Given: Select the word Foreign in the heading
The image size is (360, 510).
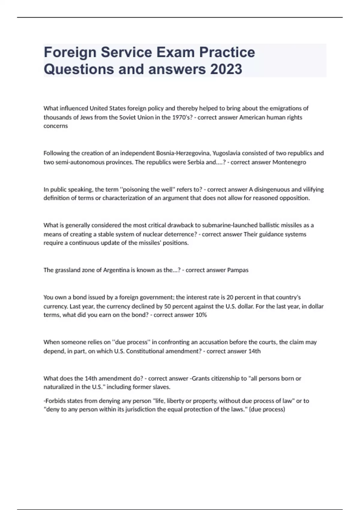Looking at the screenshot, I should point(70,52).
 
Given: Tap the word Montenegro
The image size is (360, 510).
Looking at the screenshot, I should point(289,162).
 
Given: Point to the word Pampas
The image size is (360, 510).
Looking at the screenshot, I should point(238,270).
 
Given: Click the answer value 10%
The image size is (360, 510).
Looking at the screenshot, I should point(201,315).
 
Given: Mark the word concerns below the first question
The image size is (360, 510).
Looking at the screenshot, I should point(55,126).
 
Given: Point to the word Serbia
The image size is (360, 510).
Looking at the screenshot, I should point(196,162).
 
